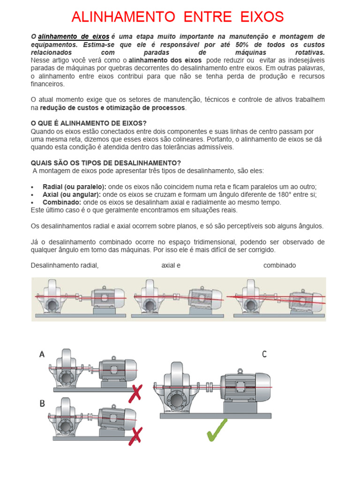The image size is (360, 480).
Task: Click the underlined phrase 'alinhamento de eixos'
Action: [x=74, y=37]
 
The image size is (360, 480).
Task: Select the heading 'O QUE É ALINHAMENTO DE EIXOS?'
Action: [x=89, y=123]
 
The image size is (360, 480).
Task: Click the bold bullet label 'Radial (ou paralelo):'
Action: [x=74, y=186]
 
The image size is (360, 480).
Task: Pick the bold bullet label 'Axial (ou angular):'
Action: [x=71, y=194]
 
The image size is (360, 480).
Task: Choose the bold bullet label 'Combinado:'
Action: [x=61, y=202]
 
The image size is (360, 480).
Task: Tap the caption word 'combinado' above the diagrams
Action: [x=279, y=265]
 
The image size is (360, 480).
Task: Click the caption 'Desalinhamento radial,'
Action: [x=65, y=265]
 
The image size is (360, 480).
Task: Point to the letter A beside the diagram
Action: [x=42, y=355]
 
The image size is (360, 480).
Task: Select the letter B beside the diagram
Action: [x=42, y=404]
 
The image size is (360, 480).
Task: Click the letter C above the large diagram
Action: [x=264, y=354]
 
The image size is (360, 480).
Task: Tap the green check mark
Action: [x=217, y=429]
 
